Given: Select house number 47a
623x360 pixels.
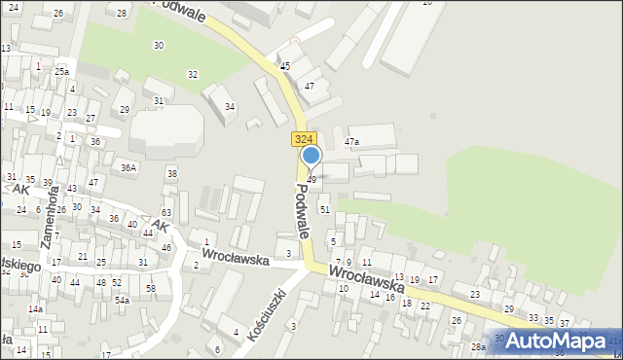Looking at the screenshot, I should click(352, 142).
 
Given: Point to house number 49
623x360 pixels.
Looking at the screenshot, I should click(311, 180).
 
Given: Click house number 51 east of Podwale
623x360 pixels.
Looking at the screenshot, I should click(325, 209).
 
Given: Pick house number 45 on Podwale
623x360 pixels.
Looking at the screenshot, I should click(285, 66).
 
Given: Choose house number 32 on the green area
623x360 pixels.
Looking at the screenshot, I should click(193, 75).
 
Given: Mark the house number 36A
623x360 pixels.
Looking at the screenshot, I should click(128, 167).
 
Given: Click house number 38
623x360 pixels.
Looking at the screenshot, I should click(171, 174).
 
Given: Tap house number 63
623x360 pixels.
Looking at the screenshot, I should click(166, 212).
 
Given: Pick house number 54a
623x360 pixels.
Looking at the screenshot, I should click(122, 301).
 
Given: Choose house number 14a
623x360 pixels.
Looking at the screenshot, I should click(35, 309).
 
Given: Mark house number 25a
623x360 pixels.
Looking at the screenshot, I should click(61, 72).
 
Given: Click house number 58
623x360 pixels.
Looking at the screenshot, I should click(151, 289).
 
